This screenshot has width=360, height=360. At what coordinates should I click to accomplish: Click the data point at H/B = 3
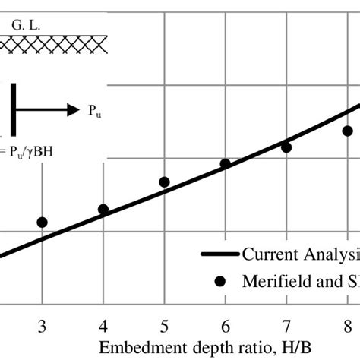point(42,223)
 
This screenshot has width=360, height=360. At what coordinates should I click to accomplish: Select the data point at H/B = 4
point(103,210)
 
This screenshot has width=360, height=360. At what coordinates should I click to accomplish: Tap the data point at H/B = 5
point(164,182)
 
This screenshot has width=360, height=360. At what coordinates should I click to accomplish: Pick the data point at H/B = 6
point(226,163)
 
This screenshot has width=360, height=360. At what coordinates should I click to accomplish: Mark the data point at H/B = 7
point(286,147)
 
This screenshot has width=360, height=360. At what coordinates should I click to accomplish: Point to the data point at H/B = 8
point(347,131)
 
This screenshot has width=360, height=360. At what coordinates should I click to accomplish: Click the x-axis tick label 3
point(42,327)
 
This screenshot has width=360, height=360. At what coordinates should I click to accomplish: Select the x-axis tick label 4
point(103,327)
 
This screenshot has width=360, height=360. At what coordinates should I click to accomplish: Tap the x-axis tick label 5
point(164,327)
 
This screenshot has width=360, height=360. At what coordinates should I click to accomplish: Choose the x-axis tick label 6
point(226,327)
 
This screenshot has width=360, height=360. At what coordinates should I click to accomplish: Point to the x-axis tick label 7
point(286,327)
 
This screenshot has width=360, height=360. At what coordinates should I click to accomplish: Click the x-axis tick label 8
point(347,327)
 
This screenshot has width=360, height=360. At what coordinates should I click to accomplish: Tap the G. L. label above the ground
point(27,26)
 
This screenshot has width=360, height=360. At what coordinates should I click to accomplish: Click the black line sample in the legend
point(220,254)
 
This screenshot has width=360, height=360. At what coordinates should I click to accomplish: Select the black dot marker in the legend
point(221,281)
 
